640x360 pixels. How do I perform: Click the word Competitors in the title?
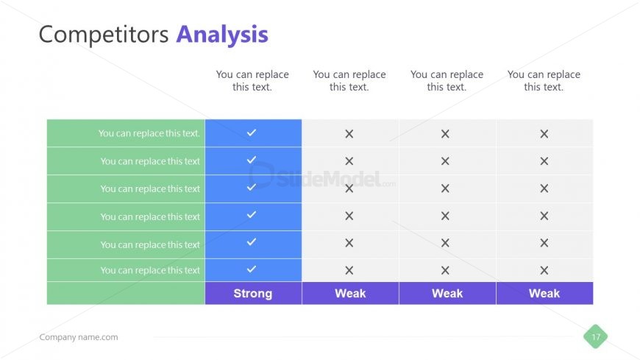pos(104,35)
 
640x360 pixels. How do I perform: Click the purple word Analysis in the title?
pos(221,35)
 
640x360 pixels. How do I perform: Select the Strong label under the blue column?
pos(252,293)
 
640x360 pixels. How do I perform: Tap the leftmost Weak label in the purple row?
pos(350,293)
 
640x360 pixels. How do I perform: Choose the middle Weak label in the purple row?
pos(447,293)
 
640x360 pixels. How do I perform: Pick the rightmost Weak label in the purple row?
pos(544,293)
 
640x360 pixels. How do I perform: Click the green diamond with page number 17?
pos(596,337)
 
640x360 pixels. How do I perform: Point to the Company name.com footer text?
pos(78,337)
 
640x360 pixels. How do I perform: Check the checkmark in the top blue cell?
pos(252,133)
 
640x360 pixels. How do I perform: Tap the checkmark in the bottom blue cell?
pos(252,269)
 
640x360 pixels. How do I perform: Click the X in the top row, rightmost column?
pos(544,134)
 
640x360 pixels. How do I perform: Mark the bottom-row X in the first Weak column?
pos(349,270)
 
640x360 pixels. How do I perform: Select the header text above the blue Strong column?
pos(252,81)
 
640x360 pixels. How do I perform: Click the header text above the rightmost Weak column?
pos(544,81)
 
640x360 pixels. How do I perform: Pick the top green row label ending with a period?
pos(149,133)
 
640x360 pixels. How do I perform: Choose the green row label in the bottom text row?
pos(150,270)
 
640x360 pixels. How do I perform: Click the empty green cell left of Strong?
pos(126,293)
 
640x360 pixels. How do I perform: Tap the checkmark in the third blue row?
pos(252,187)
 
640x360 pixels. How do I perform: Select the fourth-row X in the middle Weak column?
pos(445,216)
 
